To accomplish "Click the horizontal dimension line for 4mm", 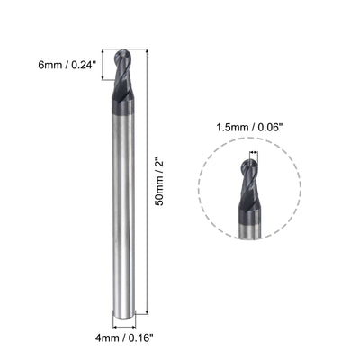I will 124,325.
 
